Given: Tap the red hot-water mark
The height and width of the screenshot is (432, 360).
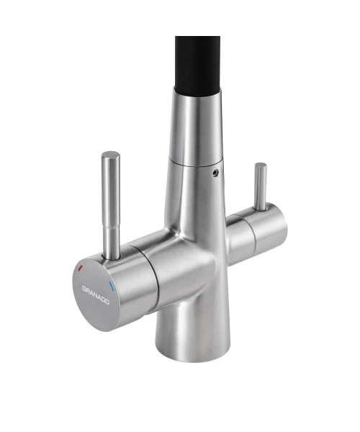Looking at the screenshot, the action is (80, 268).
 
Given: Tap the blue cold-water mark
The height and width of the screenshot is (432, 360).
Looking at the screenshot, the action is (112, 287).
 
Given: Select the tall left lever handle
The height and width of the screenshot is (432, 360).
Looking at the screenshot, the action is (111, 205).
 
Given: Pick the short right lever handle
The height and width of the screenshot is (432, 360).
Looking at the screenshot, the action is (261, 186).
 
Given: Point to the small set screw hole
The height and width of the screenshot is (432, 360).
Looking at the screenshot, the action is (215, 173).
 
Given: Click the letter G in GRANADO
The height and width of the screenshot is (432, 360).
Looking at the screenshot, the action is (84, 289).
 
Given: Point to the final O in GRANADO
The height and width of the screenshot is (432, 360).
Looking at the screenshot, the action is (107, 302).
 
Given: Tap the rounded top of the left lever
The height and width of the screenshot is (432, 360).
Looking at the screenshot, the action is (111, 154).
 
